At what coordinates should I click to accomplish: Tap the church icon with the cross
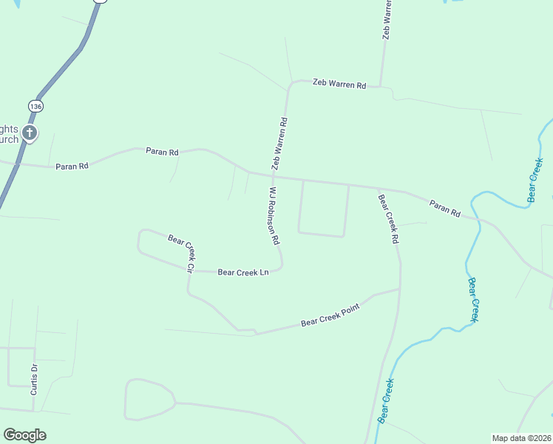30,134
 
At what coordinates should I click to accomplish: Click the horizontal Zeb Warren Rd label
339,84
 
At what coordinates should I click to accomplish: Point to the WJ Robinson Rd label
274,216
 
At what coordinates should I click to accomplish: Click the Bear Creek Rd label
389,219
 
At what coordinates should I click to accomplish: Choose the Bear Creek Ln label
242,272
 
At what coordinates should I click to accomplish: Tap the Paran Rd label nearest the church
72,166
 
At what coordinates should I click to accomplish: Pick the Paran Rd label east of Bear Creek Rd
445,209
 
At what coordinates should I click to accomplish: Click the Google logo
24,435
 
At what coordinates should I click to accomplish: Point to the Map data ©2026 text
521,438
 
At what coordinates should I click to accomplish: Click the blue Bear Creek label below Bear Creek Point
386,400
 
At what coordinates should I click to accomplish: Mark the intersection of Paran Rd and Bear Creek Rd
378,187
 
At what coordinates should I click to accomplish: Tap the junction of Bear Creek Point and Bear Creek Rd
400,289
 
